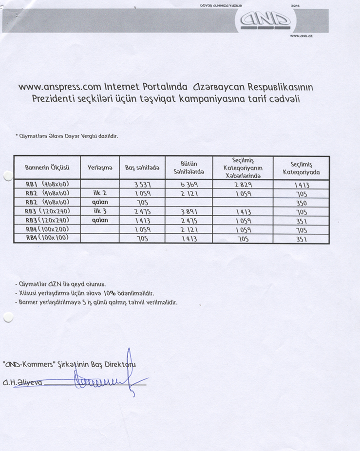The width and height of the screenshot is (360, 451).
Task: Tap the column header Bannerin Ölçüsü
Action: (47, 168)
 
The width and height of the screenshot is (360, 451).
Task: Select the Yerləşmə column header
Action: (100, 168)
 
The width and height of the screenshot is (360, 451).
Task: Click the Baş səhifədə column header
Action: (142, 168)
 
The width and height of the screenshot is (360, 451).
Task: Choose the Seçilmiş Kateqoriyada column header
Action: (301, 168)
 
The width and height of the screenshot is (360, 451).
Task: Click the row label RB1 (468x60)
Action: (47, 184)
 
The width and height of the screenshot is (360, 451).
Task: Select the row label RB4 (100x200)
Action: (47, 229)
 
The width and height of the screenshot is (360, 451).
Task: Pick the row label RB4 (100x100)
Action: (47, 238)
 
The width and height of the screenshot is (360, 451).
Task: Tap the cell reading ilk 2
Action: (100, 193)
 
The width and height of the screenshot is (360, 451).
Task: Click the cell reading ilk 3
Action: (100, 211)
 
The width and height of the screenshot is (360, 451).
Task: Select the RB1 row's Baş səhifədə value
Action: (142, 185)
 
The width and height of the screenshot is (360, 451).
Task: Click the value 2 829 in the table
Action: (244, 185)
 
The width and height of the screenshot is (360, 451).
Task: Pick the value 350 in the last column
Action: (301, 203)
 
